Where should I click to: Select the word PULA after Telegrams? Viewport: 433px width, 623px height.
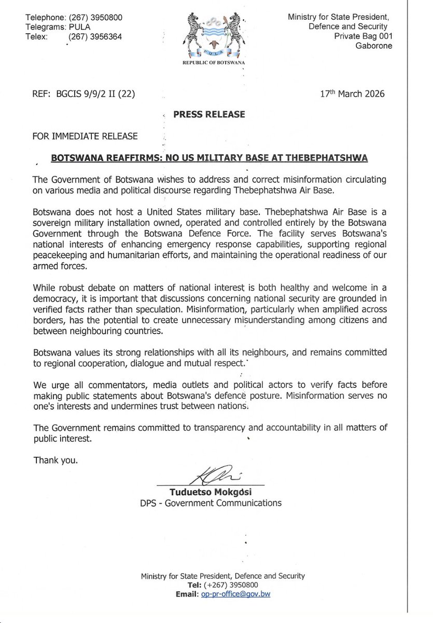tap(80, 28)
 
